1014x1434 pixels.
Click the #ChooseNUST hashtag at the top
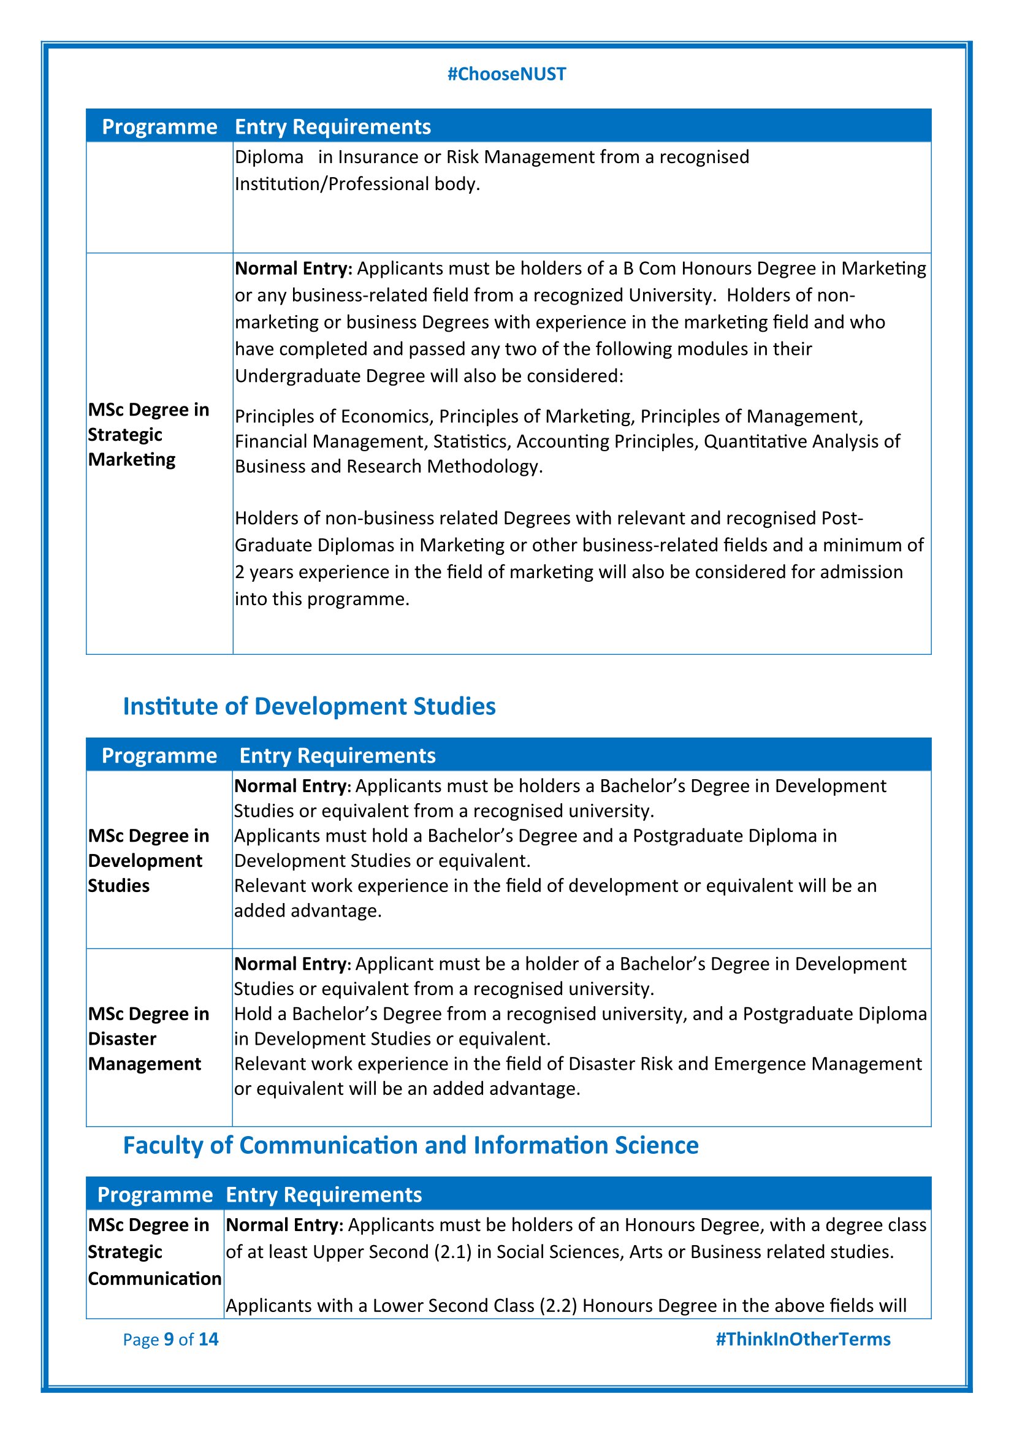[x=506, y=74]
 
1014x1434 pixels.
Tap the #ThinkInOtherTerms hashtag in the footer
[x=802, y=1339]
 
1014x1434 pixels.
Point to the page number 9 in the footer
[x=169, y=1339]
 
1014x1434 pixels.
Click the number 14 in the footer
[x=208, y=1339]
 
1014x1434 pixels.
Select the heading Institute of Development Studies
[x=309, y=706]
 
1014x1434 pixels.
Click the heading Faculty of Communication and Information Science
[x=410, y=1145]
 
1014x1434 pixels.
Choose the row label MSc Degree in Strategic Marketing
[x=148, y=435]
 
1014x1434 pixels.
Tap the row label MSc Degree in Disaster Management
[x=148, y=1039]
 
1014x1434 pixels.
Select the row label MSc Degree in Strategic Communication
[x=154, y=1252]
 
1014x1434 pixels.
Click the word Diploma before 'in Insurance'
[x=269, y=157]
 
